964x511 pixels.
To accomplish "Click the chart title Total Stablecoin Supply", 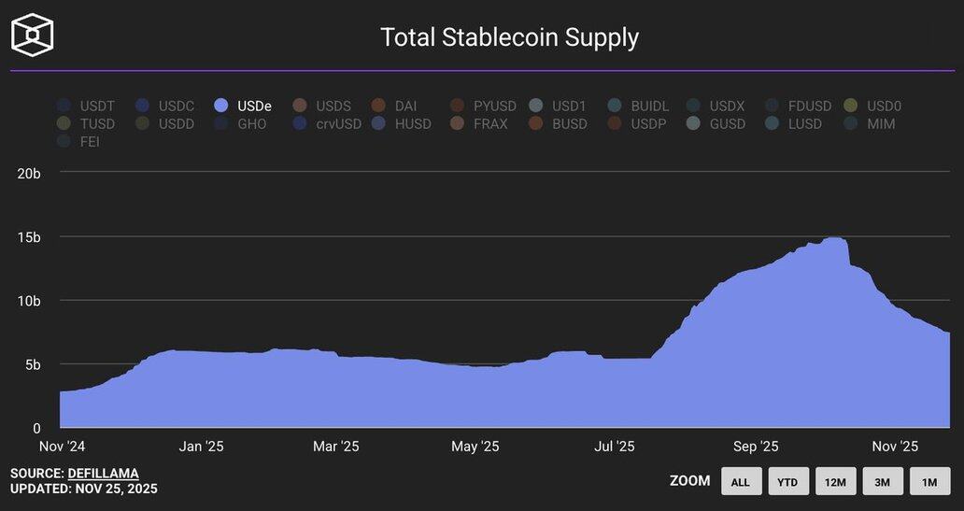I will point(509,37).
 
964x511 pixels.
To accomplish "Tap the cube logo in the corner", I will point(32,35).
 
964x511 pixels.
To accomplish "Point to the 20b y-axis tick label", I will point(29,174).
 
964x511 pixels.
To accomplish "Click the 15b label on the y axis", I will point(29,237).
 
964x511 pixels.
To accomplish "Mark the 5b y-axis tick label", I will point(32,364).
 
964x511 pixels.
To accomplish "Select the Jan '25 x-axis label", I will point(201,447).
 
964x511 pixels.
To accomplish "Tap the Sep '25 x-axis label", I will point(756,447).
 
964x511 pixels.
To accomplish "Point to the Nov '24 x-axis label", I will point(62,447).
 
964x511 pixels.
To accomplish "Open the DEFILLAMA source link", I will point(103,474).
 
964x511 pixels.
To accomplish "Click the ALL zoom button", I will point(741,481).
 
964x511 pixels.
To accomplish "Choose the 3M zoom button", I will point(883,481).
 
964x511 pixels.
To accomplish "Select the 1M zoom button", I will point(929,481).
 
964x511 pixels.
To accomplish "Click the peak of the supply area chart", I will point(834,238).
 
